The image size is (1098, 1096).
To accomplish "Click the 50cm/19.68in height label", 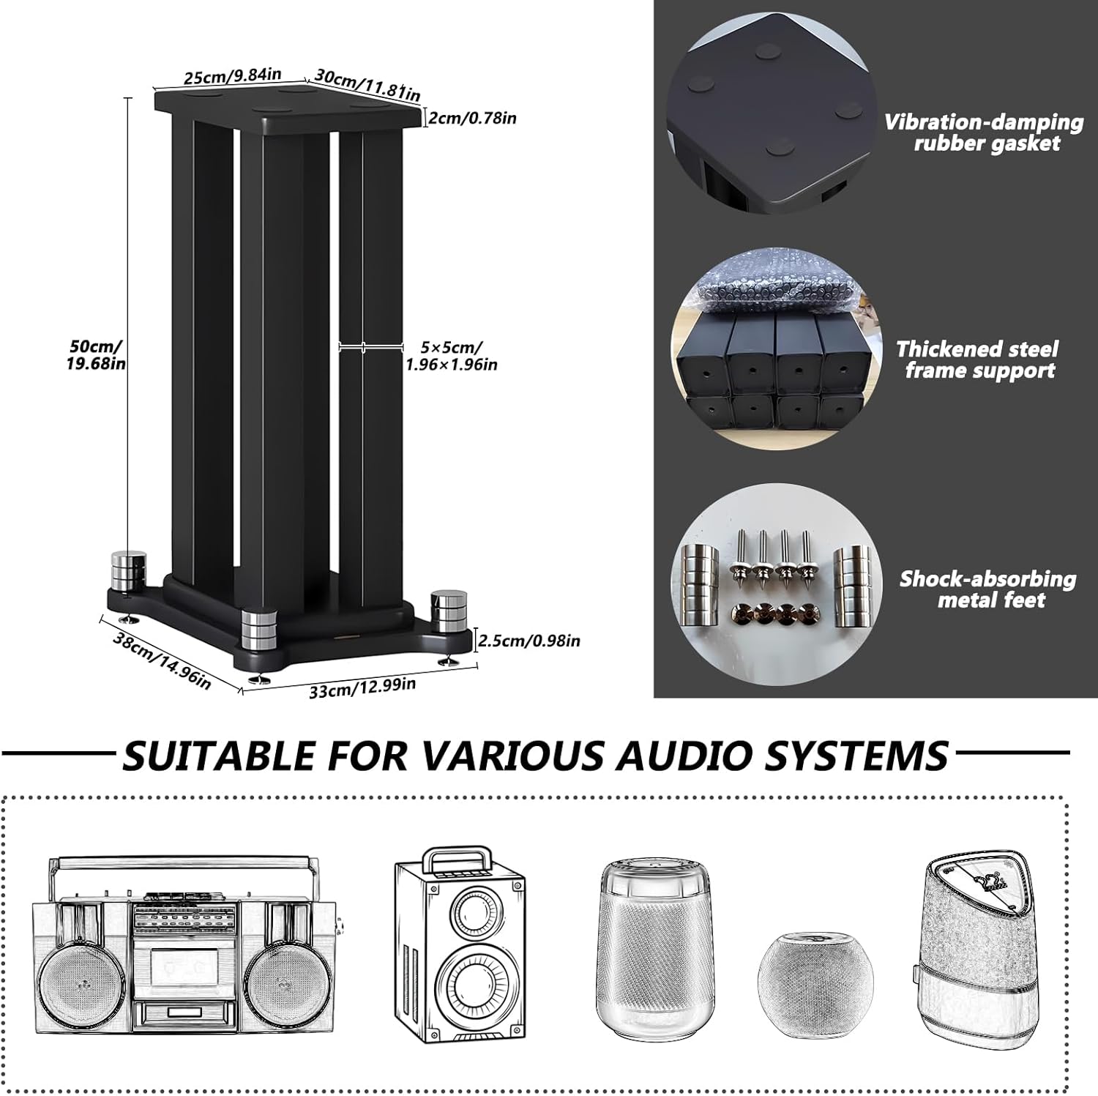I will [96, 354].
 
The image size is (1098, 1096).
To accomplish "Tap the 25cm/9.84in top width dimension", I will [232, 75].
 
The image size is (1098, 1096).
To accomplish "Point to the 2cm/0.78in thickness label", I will [472, 118].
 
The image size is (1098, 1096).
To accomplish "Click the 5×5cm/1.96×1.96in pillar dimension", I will [452, 356].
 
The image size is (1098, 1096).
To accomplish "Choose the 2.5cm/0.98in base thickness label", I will [529, 641].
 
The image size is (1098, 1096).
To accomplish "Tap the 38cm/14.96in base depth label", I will [162, 661].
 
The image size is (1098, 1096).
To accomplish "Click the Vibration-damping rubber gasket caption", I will [985, 133].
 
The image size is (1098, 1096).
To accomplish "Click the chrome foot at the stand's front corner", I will [260, 631].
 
